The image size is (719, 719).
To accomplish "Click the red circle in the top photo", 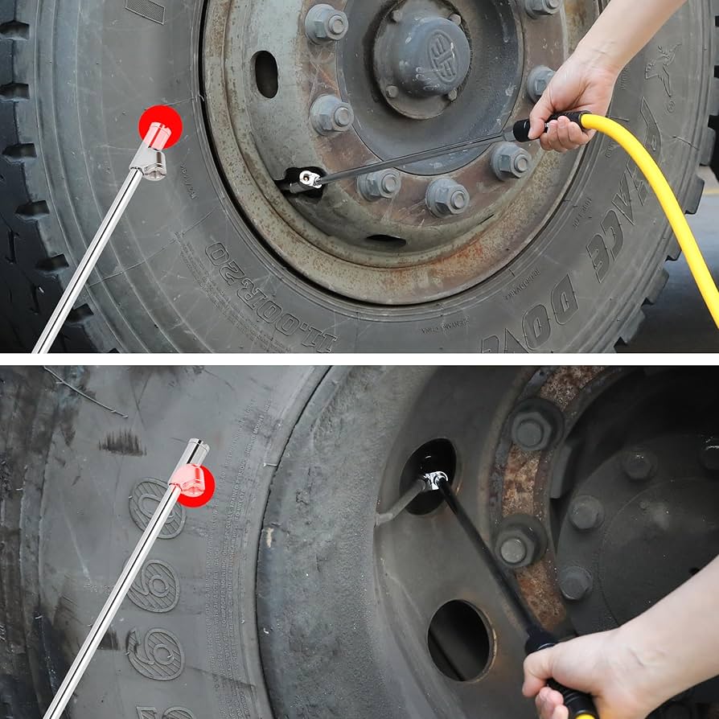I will click(160, 126).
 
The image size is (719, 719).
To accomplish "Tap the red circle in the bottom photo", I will click(195, 485).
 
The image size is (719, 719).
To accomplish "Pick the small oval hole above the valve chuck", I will click(266, 74).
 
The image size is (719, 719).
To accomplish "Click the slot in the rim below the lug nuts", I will click(385, 240).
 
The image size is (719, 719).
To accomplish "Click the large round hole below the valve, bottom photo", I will click(460, 640).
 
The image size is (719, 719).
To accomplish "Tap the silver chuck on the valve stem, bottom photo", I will click(434, 480).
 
